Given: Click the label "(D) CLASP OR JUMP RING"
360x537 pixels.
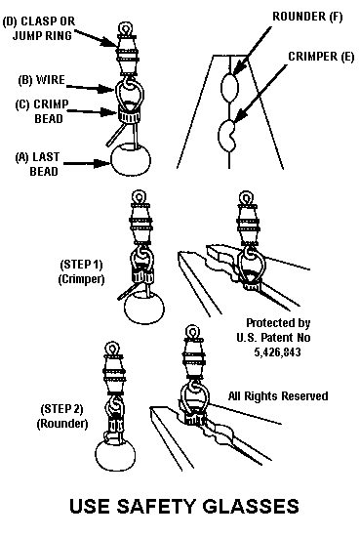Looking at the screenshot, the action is point(38,28).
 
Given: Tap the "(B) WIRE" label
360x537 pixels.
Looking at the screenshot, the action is point(41,80).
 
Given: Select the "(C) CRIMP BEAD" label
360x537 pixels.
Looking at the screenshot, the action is point(42,111).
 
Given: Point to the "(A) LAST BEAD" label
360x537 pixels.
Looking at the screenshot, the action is point(37,164).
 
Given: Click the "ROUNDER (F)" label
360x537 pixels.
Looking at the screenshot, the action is point(307,17).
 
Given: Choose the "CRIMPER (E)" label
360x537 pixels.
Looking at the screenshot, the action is point(321,57).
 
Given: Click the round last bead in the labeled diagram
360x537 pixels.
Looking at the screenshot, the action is point(131,159).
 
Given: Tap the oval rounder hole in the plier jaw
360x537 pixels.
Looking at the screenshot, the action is point(228,87).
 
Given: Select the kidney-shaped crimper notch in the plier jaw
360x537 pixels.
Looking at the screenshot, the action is point(227,136).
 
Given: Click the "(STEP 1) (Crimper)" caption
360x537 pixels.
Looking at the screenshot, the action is point(81,272).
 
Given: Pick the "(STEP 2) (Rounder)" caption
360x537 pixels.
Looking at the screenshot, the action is point(61,416).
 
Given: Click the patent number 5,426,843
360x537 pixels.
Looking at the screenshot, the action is point(277,352).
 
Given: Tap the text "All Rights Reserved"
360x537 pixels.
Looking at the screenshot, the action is point(278,395).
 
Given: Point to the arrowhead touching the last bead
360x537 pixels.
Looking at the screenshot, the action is point(103,163).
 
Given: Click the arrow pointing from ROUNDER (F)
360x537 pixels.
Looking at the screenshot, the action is point(253,50).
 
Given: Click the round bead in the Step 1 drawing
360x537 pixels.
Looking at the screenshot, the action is point(143,308).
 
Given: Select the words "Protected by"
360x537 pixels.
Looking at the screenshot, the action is point(278,323).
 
